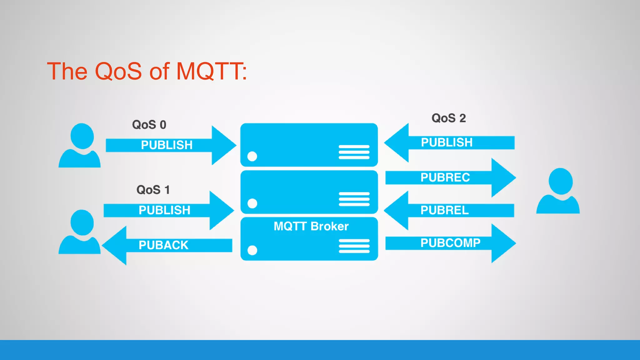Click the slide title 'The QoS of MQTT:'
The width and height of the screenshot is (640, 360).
tap(147, 71)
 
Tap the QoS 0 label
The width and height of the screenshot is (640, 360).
tap(149, 125)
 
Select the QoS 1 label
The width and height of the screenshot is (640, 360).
tap(153, 190)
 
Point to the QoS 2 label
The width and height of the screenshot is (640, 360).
tap(448, 118)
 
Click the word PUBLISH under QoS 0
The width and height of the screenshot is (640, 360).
tap(167, 145)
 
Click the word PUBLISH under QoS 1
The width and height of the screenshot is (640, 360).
tap(164, 210)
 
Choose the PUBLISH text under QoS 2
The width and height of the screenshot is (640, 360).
tap(447, 142)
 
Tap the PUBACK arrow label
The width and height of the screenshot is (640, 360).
tap(163, 245)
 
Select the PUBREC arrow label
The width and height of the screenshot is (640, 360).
tap(445, 177)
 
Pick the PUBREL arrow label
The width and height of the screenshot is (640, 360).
tap(444, 210)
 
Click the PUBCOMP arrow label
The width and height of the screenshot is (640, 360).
tap(450, 243)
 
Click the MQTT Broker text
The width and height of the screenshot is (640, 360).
tap(311, 226)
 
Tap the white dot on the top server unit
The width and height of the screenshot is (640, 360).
tap(252, 156)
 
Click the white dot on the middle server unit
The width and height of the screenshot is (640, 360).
tap(252, 203)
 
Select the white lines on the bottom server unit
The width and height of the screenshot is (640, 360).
tap(354, 246)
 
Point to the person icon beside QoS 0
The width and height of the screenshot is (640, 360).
tap(80, 146)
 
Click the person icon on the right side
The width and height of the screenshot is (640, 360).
tap(558, 191)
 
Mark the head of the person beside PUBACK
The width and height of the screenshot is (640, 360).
tap(82, 222)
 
